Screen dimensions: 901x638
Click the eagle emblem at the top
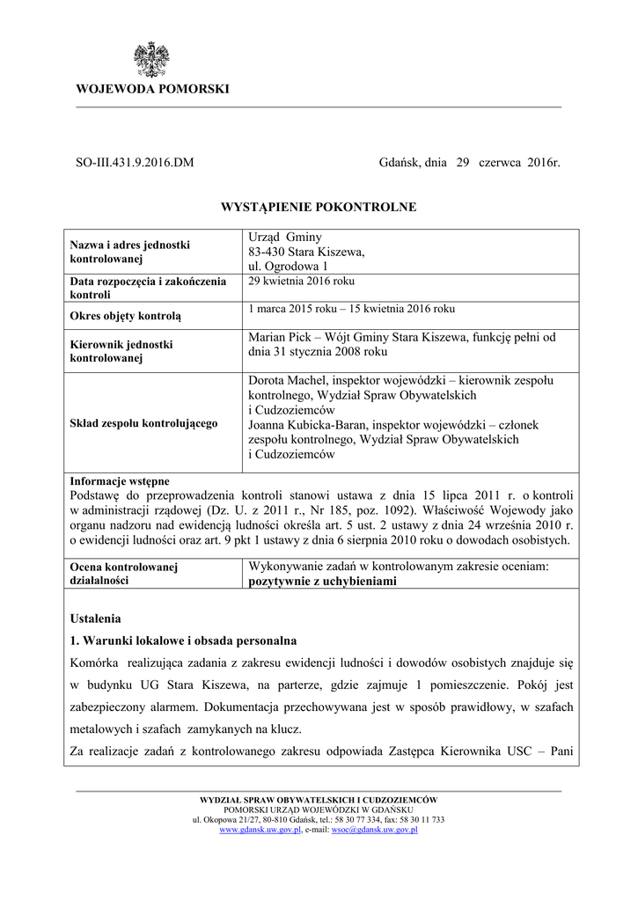[150, 59]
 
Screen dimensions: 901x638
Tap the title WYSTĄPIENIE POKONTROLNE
[318, 207]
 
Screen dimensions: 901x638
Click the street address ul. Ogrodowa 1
[289, 266]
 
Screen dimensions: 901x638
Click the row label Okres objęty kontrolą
[125, 314]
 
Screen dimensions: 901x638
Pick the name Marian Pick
[278, 336]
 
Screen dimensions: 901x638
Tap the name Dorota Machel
[288, 380]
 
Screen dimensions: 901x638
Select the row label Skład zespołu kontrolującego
[143, 423]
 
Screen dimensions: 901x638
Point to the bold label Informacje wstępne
[119, 481]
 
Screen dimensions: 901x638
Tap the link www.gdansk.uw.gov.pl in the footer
[260, 829]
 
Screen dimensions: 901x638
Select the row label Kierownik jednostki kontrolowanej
[121, 351]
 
